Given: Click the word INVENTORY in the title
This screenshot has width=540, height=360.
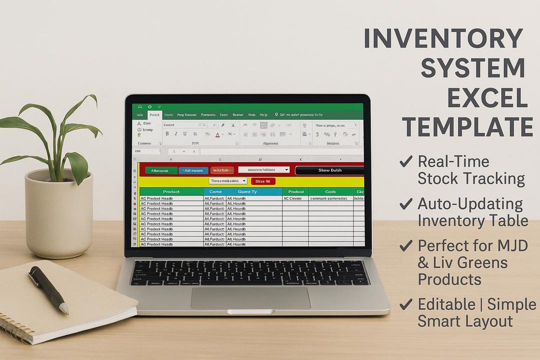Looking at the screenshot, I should tap(443, 39).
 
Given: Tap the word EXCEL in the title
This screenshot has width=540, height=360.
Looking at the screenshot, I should tap(487, 97).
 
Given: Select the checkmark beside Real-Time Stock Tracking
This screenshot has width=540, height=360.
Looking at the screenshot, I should tap(406, 161).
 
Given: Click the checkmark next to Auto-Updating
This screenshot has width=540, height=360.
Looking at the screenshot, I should tap(406, 203).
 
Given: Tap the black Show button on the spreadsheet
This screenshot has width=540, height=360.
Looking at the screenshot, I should tap(329, 170).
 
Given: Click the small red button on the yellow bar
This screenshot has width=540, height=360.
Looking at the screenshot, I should tap(263, 181).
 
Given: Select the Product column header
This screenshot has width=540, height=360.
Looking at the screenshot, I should tap(171, 191).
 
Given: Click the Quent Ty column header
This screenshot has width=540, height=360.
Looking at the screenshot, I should tap(247, 191).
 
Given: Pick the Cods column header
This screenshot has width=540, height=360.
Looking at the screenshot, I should tap(330, 191).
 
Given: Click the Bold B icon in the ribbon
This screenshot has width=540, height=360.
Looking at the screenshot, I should tap(167, 134).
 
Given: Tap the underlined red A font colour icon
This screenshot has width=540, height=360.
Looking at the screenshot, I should tap(218, 134).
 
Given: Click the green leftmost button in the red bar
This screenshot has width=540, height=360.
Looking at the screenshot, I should tap(161, 170).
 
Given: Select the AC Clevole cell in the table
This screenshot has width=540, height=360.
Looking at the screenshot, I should tap(294, 198).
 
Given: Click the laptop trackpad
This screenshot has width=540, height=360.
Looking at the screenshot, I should tap(250, 297).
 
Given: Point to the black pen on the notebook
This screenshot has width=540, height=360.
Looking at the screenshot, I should tap(48, 289).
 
